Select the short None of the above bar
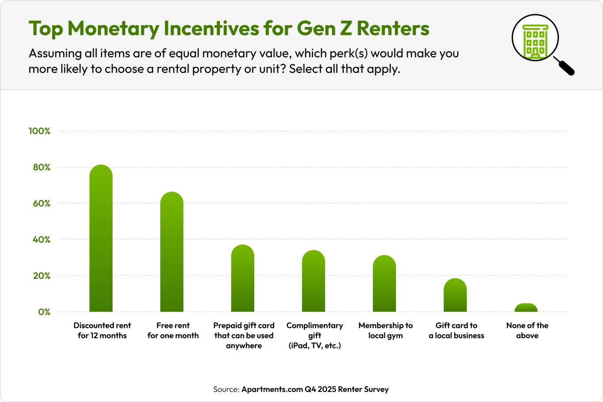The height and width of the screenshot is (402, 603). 526,308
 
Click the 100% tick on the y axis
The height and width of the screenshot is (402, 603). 40,131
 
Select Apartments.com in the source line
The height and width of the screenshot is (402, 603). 272,389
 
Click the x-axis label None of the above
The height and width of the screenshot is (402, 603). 527,331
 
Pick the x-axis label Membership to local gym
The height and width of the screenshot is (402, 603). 385,331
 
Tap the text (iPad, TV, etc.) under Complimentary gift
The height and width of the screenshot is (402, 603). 315,346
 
